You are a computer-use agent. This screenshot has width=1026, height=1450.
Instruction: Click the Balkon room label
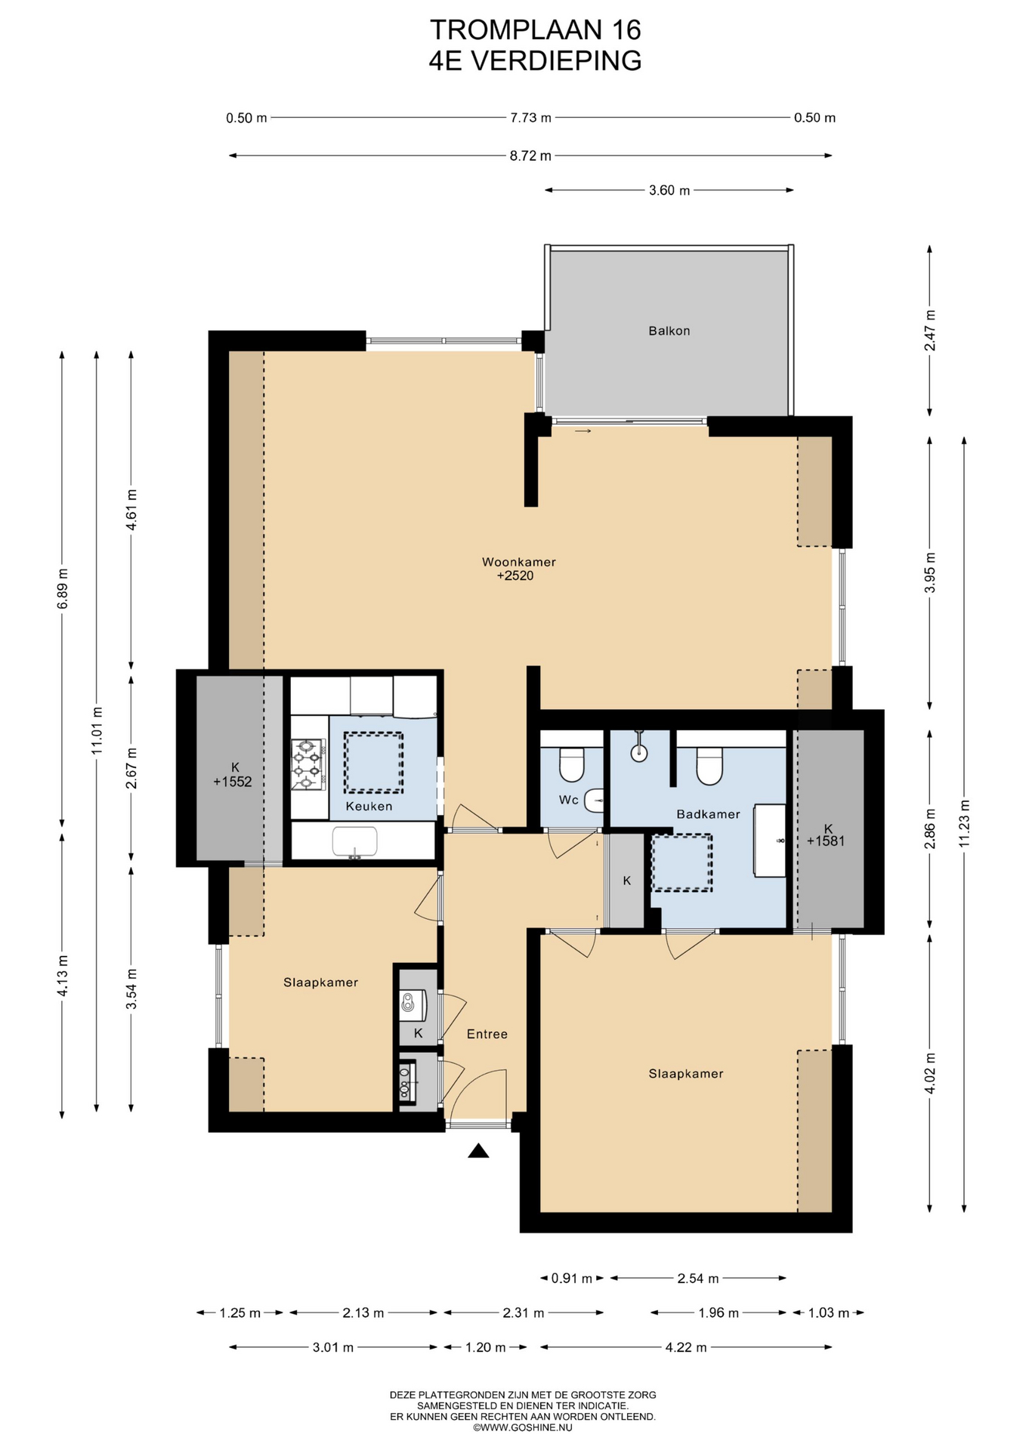pos(669,331)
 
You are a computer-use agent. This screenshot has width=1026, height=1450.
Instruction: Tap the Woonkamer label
pos(519,562)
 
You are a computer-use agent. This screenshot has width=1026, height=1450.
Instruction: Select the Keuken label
pos(369,807)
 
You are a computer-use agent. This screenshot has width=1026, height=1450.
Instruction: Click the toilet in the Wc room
pos(572,764)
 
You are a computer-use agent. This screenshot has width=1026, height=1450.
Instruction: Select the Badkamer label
pos(708,814)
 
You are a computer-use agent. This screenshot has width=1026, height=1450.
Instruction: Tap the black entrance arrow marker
pos(478,1150)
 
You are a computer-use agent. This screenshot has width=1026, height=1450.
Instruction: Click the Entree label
pos(487,1034)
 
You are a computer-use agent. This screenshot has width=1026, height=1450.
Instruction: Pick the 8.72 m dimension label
pos(530,156)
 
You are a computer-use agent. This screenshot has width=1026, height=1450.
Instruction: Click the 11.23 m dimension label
pos(964,823)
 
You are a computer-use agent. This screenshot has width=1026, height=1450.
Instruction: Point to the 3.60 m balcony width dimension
pos(669,190)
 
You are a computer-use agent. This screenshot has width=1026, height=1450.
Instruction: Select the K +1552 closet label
pos(232,775)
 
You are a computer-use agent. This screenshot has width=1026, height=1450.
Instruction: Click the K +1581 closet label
pos(826,835)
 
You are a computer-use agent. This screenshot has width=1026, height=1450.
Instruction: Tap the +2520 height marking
pos(515,576)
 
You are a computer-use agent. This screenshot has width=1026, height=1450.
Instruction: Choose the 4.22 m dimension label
pos(686,1347)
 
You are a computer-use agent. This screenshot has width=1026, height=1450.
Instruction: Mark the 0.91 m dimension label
pos(572,1279)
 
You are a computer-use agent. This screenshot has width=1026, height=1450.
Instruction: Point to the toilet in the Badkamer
pos(709,766)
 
